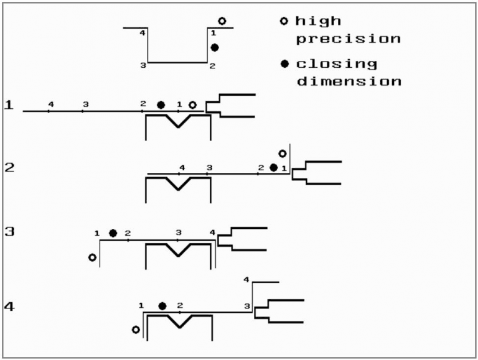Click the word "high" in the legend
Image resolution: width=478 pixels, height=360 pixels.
tap(318, 21)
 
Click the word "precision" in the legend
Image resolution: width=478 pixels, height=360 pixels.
tap(349, 39)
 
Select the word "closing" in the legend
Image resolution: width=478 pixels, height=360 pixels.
tap(337, 64)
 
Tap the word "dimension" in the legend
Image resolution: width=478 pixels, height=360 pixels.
tap(349, 81)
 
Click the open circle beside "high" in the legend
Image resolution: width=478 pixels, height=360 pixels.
tap(284, 21)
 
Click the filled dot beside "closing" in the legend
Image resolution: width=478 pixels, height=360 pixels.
tap(284, 64)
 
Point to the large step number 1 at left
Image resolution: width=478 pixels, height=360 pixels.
tap(9, 105)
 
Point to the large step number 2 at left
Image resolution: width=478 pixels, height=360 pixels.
tap(9, 167)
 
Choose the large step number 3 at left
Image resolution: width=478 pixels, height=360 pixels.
tap(9, 232)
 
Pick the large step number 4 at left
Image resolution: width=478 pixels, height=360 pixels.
tap(9, 307)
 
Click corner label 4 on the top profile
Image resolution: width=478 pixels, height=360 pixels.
tap(143, 33)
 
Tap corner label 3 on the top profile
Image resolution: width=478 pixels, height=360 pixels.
tap(143, 65)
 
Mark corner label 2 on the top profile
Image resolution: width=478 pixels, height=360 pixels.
tap(212, 66)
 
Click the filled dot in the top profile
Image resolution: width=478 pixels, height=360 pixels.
tap(215, 47)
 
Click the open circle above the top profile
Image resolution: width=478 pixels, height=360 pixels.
tap(222, 21)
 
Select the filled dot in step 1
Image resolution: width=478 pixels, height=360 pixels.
tap(161, 105)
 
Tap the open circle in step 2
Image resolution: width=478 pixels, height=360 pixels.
tap(283, 154)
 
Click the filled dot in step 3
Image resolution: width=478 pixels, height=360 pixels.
tap(113, 233)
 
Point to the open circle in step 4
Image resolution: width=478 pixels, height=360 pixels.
tap(136, 330)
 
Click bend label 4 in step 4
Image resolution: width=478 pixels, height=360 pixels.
tap(246, 280)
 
